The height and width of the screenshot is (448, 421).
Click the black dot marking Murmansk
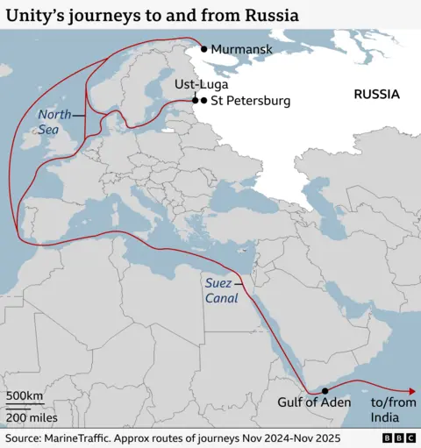coord(204,49)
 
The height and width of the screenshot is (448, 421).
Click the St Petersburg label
coord(251,101)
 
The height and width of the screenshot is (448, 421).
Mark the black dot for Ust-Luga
coord(195,101)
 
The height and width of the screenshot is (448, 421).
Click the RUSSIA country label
coord(376,94)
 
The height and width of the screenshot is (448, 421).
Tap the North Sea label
coord(54,122)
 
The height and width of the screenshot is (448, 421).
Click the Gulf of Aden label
coord(314,402)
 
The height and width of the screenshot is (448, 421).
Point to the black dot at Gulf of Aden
coord(325,391)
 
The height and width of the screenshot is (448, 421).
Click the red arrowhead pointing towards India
coord(410,391)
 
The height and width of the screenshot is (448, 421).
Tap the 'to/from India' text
coord(389,409)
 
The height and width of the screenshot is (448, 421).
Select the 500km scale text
coord(24,396)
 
